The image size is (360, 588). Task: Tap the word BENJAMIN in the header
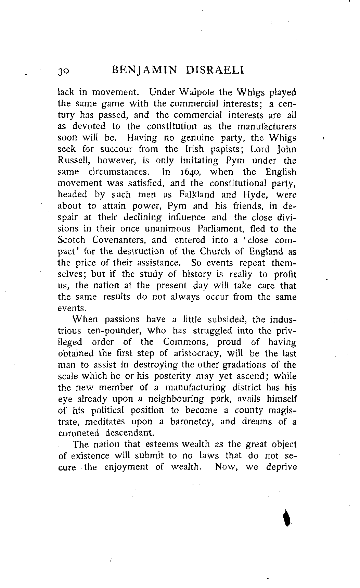point(143,71)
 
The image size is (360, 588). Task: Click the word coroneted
point(78,433)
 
